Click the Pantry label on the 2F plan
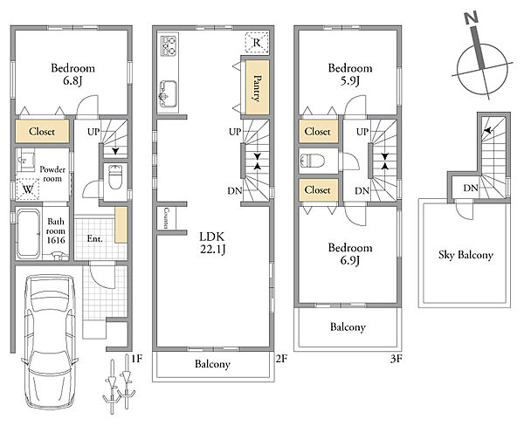(x=257, y=88)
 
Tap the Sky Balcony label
(x=465, y=255)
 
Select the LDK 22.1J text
(x=212, y=243)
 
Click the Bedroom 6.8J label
(x=72, y=74)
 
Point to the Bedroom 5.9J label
(x=350, y=74)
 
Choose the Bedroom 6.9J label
(x=350, y=254)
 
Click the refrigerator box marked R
(x=257, y=43)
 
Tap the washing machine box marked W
(x=28, y=189)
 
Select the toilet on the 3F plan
(x=313, y=161)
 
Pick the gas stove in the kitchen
(x=169, y=45)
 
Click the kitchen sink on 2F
(x=168, y=93)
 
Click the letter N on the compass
(x=472, y=18)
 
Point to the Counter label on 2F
(x=166, y=218)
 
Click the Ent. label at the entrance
(x=95, y=238)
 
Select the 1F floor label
(x=137, y=359)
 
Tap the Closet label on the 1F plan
(x=42, y=131)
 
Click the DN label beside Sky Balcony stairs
(x=471, y=188)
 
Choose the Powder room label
(x=52, y=174)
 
